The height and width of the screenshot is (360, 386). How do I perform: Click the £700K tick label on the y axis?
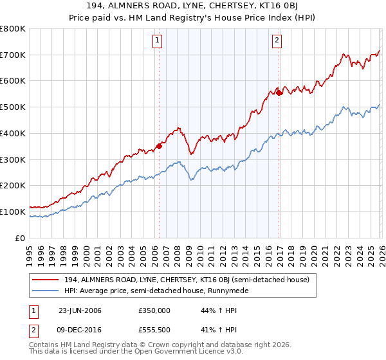point(13,55)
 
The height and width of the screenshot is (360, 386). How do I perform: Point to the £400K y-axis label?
point(13,134)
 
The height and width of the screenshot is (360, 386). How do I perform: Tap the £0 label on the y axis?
point(21,238)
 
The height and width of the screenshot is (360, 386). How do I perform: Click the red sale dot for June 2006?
point(160,146)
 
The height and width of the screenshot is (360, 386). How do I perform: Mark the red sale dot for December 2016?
point(279,93)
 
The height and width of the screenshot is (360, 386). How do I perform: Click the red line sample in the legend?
point(46,280)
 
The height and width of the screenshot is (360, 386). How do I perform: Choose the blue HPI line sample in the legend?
point(46,291)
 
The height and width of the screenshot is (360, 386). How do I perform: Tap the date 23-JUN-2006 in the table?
point(80,310)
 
